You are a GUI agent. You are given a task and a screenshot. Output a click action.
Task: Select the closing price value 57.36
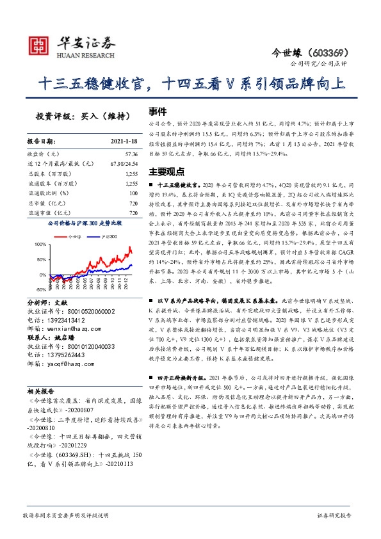[131, 154]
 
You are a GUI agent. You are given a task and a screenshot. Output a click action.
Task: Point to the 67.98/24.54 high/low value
[124, 165]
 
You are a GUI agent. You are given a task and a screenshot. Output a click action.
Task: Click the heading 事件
[158, 110]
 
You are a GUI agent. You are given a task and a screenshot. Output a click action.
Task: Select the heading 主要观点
[166, 172]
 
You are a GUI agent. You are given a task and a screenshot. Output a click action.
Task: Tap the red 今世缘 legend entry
[72, 236]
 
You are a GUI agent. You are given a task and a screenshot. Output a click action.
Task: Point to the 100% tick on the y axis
[41, 244]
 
